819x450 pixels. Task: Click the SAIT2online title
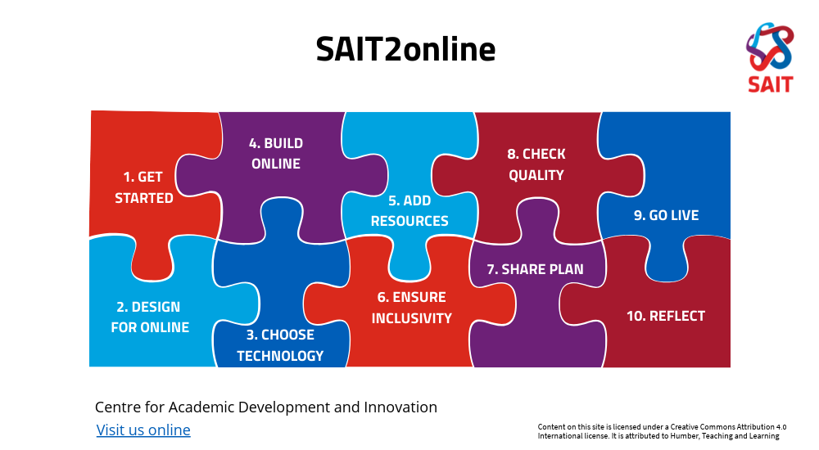405,49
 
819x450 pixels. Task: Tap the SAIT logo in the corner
770,58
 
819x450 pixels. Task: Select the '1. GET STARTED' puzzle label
144,187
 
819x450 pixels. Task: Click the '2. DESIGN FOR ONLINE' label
149,317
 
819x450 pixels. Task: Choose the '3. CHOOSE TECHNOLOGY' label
280,345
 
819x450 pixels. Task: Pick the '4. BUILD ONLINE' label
276,154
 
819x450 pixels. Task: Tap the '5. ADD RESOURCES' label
409,211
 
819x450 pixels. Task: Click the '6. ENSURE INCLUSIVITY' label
411,308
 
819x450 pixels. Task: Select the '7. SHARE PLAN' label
535,269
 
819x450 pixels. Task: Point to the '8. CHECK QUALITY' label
536,164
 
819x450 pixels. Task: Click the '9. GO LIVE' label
666,215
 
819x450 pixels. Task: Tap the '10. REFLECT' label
665,316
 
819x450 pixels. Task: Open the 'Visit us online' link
143,430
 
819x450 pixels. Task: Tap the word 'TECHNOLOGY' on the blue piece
280,356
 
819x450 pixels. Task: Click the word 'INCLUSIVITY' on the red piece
411,318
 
